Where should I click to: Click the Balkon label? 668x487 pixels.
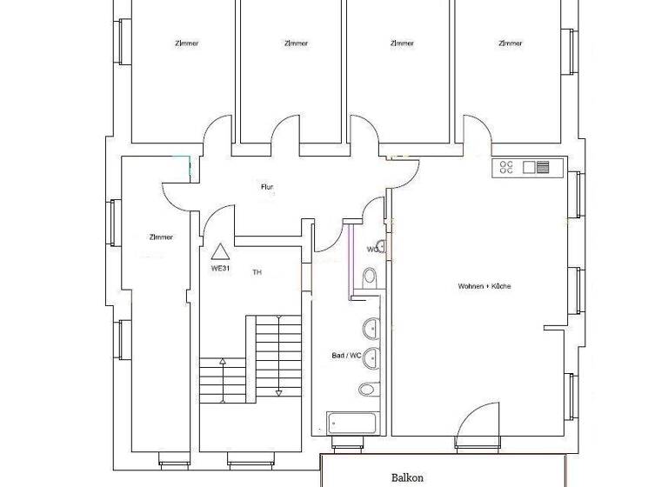[406, 477]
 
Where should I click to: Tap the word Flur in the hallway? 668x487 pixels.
[268, 187]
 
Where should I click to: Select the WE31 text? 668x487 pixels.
[222, 268]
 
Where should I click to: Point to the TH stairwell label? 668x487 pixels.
[257, 272]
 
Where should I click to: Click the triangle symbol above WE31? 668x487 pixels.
[221, 251]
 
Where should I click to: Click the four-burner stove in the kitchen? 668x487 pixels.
[505, 167]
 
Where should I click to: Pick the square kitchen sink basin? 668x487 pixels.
[528, 167]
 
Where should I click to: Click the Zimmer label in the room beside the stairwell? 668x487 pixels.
[161, 237]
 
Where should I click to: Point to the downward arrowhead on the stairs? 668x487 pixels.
[278, 392]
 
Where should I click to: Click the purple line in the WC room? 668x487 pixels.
[349, 257]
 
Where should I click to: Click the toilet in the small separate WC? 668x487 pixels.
[370, 277]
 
